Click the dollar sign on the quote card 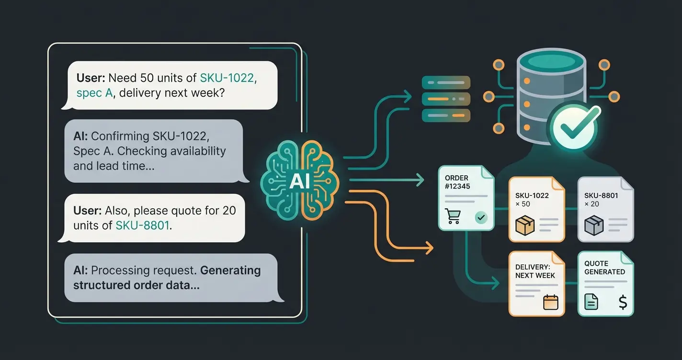point(623,302)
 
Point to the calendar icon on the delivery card point(551,303)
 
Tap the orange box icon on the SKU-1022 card point(524,225)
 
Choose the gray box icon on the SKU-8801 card point(594,225)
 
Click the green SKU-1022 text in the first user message point(227,78)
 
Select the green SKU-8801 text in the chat point(143,225)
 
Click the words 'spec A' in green point(94,92)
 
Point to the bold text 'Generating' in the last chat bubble point(230,270)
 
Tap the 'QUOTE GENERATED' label point(604,268)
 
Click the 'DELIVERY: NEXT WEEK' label point(535,271)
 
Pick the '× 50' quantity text point(523,204)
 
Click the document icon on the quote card point(591,302)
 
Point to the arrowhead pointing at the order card point(421,180)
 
